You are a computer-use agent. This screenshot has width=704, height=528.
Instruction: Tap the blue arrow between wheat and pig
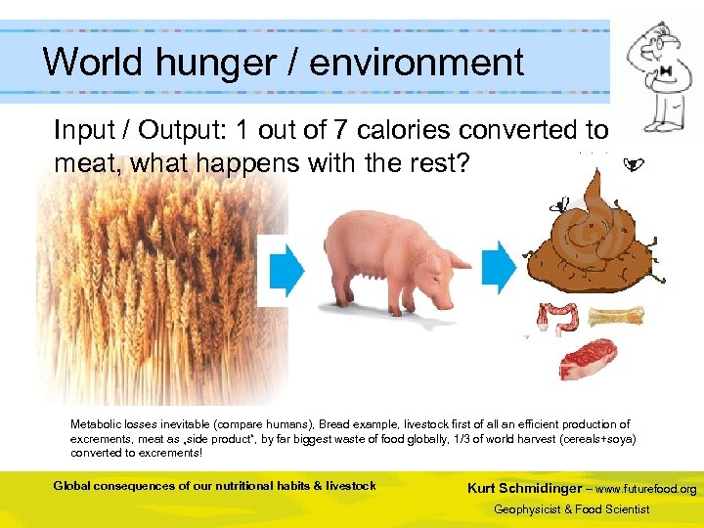pos(286,268)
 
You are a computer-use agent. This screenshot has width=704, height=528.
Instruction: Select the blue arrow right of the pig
pos(500,267)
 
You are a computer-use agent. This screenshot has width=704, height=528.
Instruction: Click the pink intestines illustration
pos(554,322)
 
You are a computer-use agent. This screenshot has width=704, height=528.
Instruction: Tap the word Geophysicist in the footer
pos(534,509)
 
